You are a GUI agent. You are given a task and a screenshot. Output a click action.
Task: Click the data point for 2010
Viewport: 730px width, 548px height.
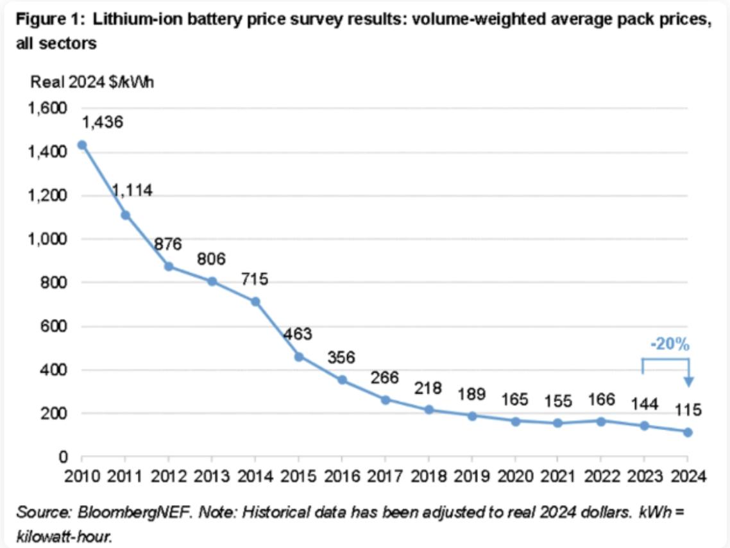tap(82, 145)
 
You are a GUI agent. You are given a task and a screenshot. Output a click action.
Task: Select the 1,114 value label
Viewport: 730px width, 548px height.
tap(132, 190)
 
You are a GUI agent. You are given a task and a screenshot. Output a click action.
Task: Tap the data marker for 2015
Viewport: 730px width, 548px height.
tap(298, 356)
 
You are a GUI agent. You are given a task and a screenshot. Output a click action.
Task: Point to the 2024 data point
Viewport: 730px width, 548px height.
tap(688, 432)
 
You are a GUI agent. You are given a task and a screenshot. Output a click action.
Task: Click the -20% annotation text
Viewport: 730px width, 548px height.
tap(670, 345)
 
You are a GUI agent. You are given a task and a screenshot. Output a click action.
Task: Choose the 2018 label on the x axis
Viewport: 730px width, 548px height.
tap(428, 476)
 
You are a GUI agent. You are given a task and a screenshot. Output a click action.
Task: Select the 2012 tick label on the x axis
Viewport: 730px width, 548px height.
tap(168, 476)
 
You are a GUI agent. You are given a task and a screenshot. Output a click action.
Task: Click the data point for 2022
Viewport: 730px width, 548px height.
tap(601, 421)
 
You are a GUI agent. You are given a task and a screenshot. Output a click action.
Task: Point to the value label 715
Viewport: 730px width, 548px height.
tap(255, 279)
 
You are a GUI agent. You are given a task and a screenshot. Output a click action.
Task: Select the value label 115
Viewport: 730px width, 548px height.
tap(688, 410)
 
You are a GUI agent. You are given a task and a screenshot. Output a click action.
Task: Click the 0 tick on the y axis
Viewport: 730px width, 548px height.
tap(64, 458)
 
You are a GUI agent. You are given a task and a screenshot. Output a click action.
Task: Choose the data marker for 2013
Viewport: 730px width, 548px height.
tap(212, 281)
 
